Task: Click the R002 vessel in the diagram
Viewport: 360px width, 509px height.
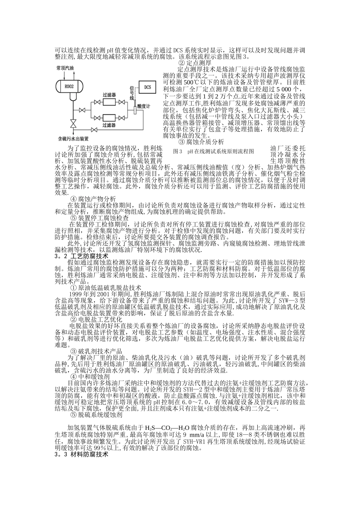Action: (70, 86)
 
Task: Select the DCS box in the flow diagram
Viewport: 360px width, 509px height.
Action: (148, 87)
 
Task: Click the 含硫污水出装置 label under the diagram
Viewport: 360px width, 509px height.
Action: (74, 139)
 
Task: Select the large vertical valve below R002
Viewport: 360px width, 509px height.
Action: (72, 123)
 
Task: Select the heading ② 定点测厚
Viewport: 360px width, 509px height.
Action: (194, 63)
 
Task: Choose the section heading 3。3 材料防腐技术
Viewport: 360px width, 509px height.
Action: (81, 454)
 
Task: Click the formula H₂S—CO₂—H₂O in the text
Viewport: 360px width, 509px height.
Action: (164, 429)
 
